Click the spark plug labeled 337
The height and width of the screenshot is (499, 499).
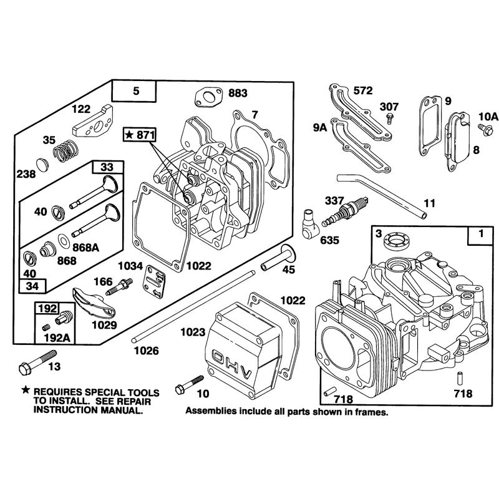pos(345,211)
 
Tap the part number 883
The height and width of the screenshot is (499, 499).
pos(238,93)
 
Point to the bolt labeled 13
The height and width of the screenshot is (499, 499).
pos(37,362)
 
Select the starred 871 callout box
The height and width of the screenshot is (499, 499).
pos(140,135)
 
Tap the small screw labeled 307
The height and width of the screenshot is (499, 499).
pos(389,119)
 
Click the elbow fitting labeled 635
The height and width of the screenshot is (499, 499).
pos(308,224)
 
